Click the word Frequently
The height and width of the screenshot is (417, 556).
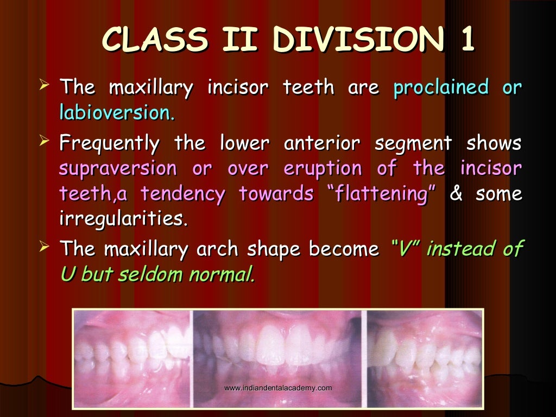click(x=109, y=144)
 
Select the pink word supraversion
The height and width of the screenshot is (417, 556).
click(x=117, y=169)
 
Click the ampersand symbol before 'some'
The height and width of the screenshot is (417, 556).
click(x=456, y=194)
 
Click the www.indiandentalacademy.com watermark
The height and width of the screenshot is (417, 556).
click(x=277, y=388)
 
